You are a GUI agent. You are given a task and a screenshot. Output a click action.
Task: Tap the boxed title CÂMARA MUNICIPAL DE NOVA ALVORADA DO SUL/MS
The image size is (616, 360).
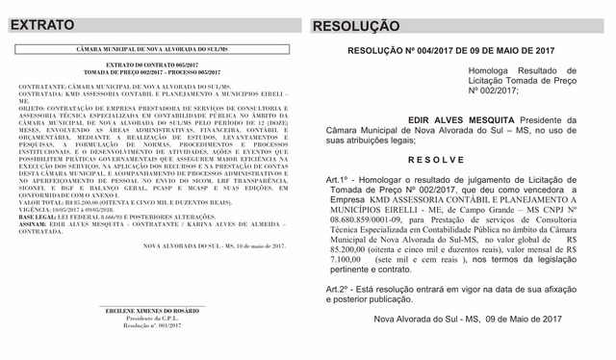(x=154, y=48)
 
